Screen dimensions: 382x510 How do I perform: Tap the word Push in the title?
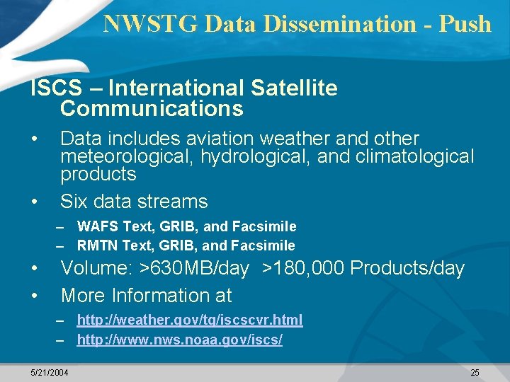(465, 23)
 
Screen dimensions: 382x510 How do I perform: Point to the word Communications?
(152, 109)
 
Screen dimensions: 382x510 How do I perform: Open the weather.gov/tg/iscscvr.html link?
(189, 320)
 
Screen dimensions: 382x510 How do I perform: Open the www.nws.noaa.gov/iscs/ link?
(179, 340)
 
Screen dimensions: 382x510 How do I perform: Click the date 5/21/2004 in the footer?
(50, 372)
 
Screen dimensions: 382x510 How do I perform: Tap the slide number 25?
(475, 372)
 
